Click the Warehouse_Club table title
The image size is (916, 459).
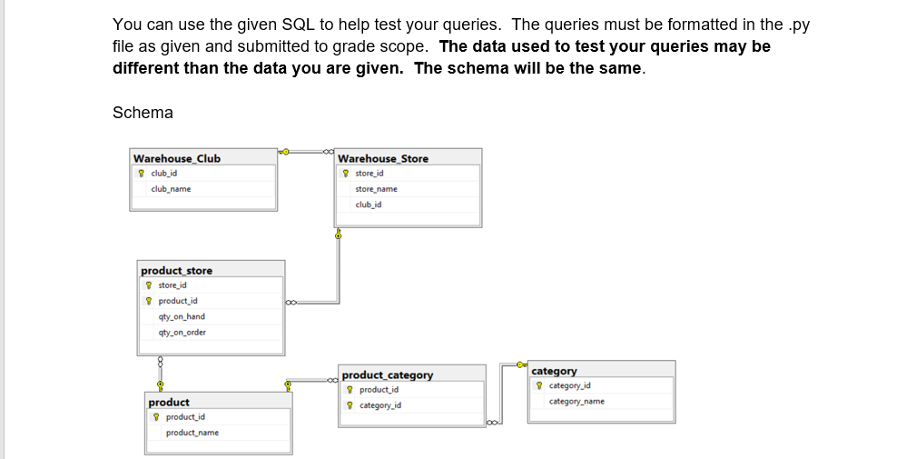click(176, 158)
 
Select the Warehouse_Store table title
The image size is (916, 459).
click(382, 158)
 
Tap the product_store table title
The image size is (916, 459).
click(176, 270)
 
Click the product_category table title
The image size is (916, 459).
click(387, 374)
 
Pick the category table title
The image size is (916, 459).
click(554, 371)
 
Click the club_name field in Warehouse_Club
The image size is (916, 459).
click(171, 189)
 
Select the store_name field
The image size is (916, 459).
click(376, 189)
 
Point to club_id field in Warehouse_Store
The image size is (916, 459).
click(368, 205)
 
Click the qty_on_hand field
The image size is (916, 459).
click(182, 316)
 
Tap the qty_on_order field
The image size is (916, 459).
click(182, 332)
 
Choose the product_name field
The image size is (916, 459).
click(192, 433)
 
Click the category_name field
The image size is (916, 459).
click(576, 401)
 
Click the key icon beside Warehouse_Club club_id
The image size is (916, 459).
click(141, 173)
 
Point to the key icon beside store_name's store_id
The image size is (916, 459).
click(346, 173)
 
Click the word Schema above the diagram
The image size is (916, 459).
click(143, 113)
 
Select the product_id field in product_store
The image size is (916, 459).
click(178, 301)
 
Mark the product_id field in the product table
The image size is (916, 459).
click(185, 417)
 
